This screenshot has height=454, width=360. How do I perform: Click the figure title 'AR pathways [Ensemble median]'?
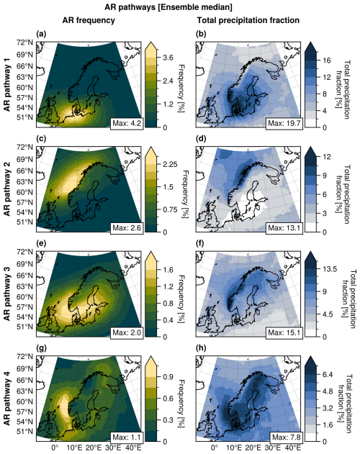(179, 6)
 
